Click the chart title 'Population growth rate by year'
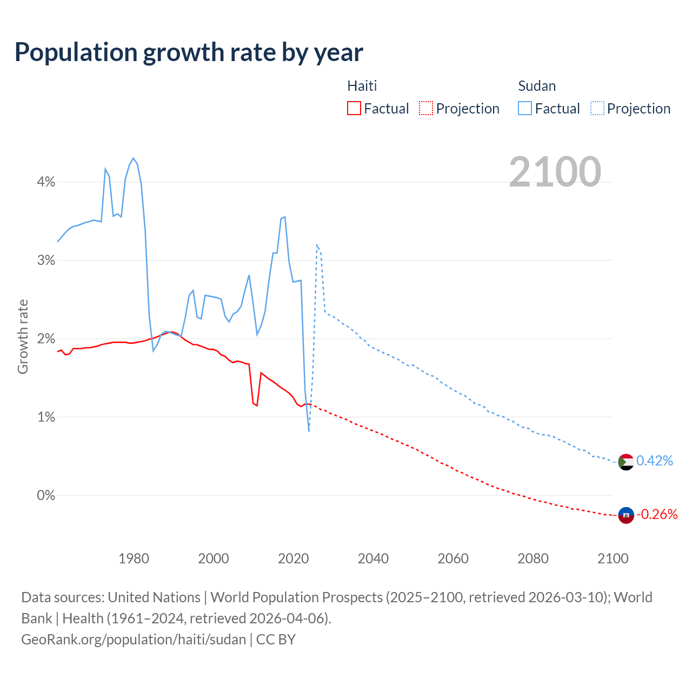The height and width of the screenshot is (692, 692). pyautogui.click(x=189, y=52)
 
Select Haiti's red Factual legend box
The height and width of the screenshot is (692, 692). pyautogui.click(x=354, y=108)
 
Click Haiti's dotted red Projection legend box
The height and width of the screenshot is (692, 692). pyautogui.click(x=426, y=108)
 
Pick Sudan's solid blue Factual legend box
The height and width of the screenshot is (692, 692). pyautogui.click(x=524, y=108)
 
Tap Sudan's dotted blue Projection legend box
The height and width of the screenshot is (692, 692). pyautogui.click(x=597, y=108)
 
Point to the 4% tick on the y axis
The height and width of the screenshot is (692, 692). pyautogui.click(x=46, y=182)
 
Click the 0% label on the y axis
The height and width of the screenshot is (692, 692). pyautogui.click(x=46, y=495)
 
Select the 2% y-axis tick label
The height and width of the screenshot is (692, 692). pyautogui.click(x=46, y=339)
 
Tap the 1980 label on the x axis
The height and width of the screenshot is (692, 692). pyautogui.click(x=134, y=558)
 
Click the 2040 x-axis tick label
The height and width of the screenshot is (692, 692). pyautogui.click(x=373, y=558)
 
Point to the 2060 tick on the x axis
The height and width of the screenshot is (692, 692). pyautogui.click(x=453, y=558)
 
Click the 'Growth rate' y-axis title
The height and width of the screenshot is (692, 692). pyautogui.click(x=23, y=336)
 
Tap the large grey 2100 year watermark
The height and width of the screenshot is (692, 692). pyautogui.click(x=555, y=172)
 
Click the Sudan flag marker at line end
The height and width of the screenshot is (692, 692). pyautogui.click(x=626, y=462)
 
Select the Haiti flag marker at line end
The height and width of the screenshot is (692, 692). pyautogui.click(x=626, y=515)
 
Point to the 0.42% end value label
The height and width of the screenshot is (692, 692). pyautogui.click(x=655, y=461)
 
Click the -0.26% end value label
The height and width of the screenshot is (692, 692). pyautogui.click(x=657, y=514)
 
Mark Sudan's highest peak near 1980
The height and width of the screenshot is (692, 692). pyautogui.click(x=133, y=158)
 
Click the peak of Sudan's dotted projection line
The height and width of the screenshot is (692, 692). pyautogui.click(x=317, y=245)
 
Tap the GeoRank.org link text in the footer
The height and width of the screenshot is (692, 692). pyautogui.click(x=134, y=640)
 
